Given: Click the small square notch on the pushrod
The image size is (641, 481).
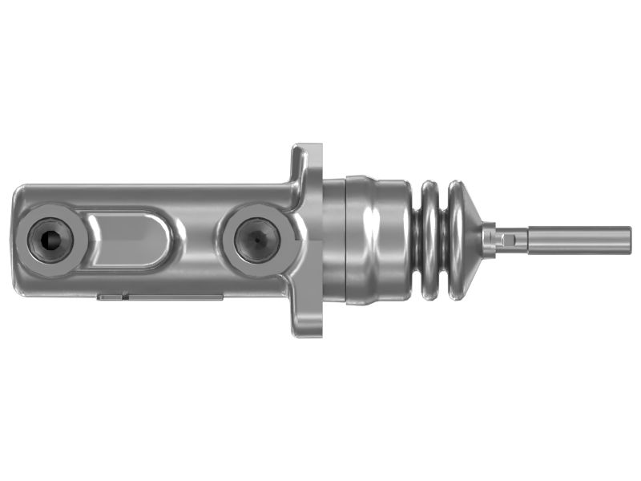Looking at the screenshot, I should [505, 239].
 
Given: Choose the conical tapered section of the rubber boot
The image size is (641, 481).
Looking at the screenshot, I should [468, 240].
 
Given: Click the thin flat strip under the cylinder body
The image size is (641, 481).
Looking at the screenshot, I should [160, 297].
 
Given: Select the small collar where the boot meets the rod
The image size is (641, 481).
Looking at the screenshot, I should [489, 240].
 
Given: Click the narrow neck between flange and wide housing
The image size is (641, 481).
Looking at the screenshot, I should [333, 240].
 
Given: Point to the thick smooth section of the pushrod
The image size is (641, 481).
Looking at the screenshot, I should [577, 240].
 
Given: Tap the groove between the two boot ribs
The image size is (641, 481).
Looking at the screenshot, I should [443, 240].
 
